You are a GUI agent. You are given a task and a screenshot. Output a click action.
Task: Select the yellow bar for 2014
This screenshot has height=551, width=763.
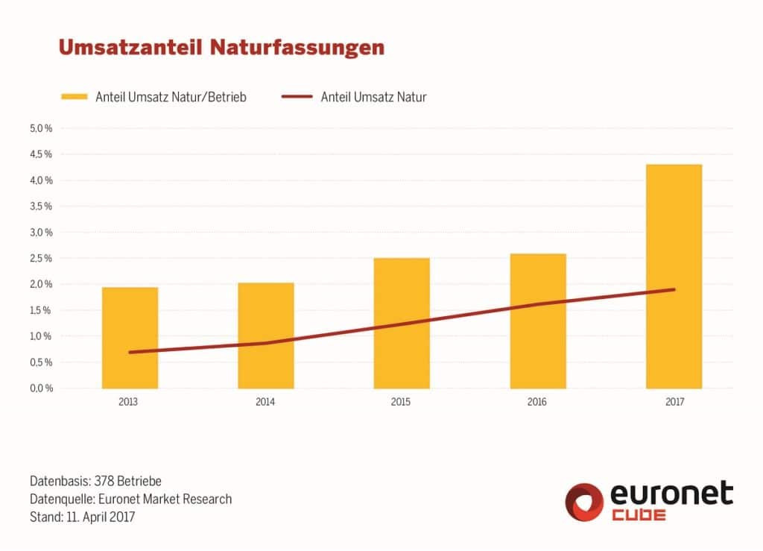[265, 336]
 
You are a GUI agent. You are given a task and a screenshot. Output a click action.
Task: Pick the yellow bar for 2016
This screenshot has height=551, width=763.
[537, 321]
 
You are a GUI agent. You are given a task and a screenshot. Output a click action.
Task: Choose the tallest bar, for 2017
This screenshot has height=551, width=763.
[674, 276]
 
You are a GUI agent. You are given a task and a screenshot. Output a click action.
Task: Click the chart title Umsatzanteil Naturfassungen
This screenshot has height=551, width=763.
[221, 48]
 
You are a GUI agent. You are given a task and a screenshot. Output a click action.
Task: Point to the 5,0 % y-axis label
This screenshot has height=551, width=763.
[41, 128]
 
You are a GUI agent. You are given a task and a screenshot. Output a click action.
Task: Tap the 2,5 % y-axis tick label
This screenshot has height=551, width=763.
[41, 258]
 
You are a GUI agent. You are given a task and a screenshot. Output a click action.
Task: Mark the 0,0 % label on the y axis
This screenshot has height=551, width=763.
[41, 388]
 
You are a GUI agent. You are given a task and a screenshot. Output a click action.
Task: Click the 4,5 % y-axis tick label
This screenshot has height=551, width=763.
[41, 154]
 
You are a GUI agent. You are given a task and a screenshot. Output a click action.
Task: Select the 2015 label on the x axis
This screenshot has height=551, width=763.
[401, 402]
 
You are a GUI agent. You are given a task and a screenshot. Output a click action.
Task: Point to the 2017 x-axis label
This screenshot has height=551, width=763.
[674, 402]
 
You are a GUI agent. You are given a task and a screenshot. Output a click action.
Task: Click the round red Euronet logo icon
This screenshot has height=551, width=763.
[584, 501]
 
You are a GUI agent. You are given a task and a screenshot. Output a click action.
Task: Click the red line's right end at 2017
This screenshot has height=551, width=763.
[674, 289]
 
